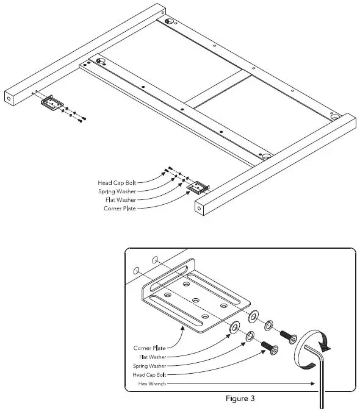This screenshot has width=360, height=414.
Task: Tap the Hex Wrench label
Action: (151, 384)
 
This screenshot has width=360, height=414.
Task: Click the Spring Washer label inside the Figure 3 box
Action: (149, 365)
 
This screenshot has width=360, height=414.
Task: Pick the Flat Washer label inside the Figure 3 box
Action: (152, 356)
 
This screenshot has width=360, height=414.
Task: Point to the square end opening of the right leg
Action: (200, 207)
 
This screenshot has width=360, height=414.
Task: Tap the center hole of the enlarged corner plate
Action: (196, 300)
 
